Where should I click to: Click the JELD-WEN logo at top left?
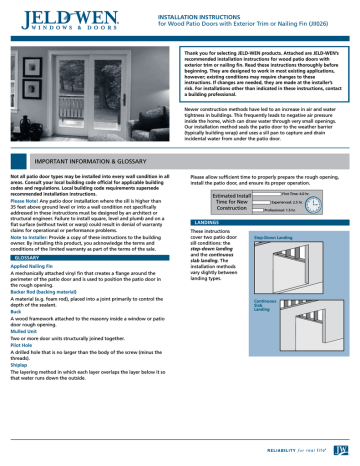click(59, 17)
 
